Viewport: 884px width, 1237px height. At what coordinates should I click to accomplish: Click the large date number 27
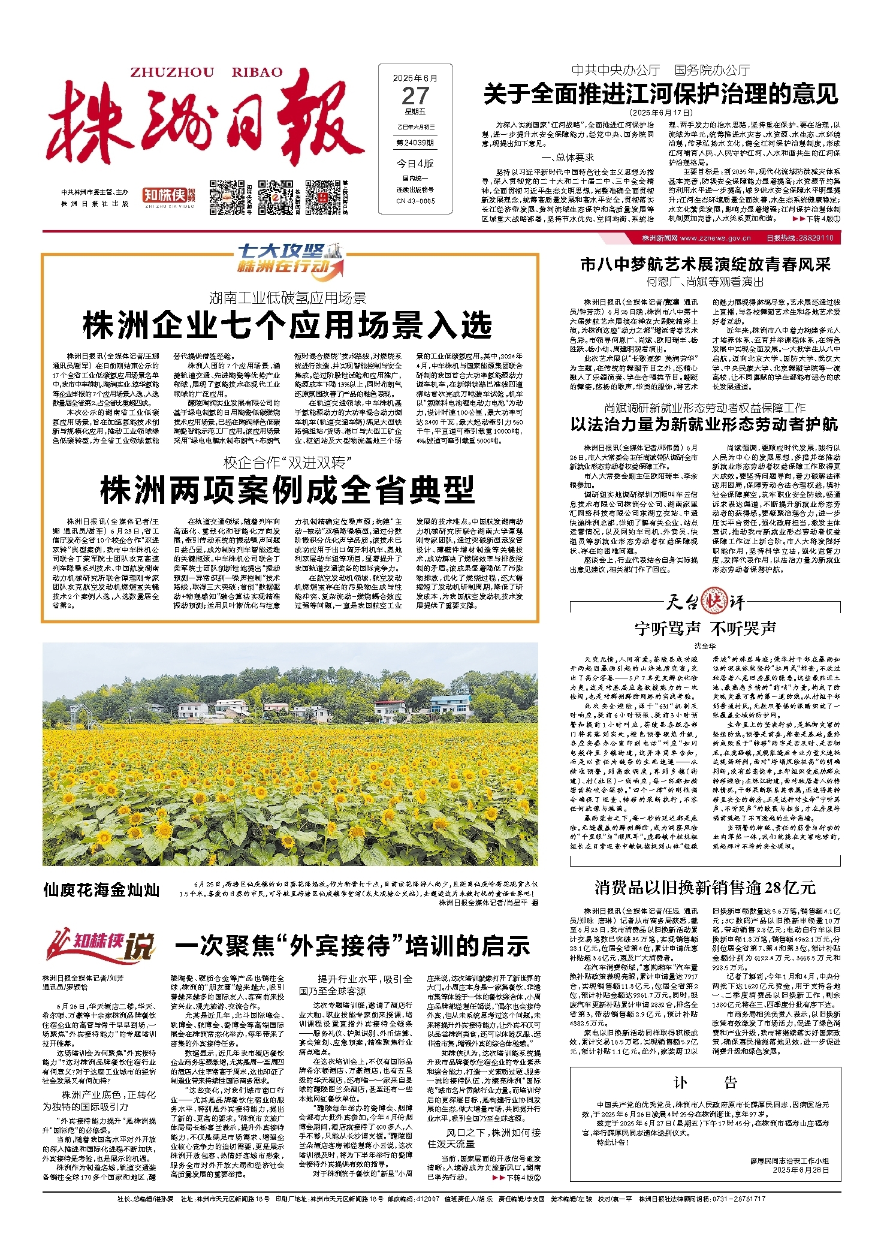[415, 96]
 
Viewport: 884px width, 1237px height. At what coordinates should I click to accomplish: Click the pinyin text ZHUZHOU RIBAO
[206, 72]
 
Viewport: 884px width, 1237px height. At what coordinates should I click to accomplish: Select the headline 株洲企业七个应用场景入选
[288, 325]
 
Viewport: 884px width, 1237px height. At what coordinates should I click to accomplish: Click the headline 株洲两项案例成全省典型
[288, 490]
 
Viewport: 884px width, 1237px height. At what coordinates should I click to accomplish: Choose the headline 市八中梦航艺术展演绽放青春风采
[705, 264]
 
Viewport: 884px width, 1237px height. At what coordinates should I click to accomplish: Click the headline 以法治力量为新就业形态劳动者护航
[704, 424]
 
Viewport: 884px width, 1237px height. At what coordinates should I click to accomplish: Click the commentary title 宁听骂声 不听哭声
[705, 628]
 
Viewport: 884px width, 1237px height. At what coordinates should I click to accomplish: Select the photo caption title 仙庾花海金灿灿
[101, 890]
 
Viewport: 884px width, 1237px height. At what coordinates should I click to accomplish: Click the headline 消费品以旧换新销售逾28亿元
[705, 887]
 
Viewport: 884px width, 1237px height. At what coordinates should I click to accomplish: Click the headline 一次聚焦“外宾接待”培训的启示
[352, 946]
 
